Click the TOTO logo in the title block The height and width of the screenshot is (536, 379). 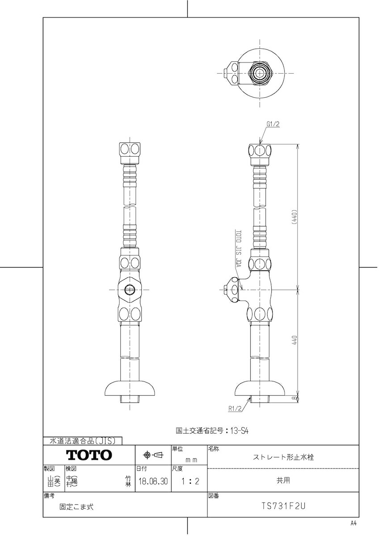(89, 455)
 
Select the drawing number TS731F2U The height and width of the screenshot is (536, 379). (283, 506)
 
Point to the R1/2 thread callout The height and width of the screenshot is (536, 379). (234, 408)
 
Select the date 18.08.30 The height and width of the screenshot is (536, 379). (153, 482)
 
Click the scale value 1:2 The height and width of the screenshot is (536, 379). (188, 482)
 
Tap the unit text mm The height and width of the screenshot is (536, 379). (191, 459)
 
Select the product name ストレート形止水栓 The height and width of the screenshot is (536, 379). (283, 457)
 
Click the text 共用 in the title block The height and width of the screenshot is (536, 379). (283, 481)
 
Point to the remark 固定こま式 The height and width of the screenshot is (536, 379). (76, 507)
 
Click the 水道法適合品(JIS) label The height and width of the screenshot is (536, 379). (83, 441)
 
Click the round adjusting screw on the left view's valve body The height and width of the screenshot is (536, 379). (130, 289)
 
